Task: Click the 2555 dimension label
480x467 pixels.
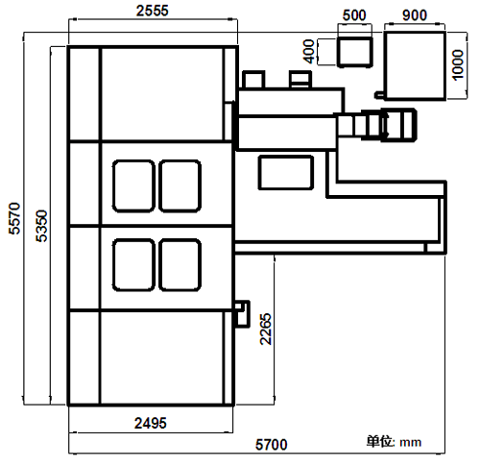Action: (153, 11)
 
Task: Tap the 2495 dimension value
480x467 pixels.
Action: (151, 423)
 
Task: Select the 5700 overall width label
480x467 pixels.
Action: (272, 445)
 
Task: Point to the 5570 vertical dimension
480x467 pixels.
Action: (14, 218)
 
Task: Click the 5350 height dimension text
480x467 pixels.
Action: (41, 226)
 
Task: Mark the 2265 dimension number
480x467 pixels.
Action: (266, 329)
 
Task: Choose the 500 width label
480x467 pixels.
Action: (354, 15)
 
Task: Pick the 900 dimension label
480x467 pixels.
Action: (415, 15)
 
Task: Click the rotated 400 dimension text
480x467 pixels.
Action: (309, 51)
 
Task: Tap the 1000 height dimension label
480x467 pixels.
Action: (458, 64)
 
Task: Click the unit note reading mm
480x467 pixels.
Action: (411, 443)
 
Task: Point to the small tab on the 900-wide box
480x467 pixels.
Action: (379, 95)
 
